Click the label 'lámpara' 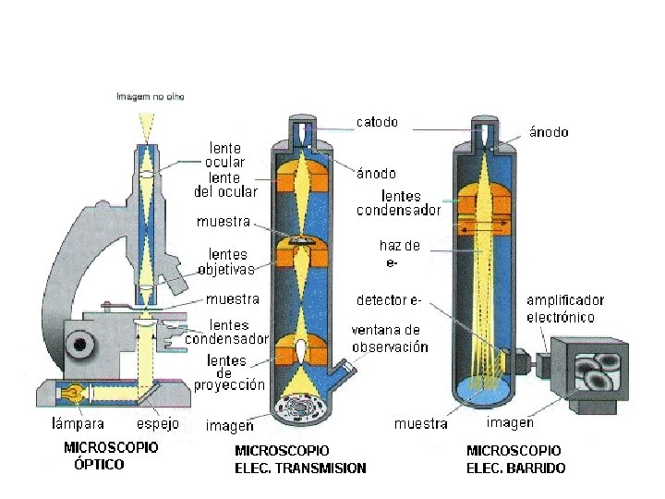coord(78,423)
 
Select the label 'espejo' coord(158,423)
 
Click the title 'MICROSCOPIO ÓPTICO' coord(111,456)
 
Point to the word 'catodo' coord(377,122)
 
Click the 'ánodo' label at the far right coord(549,132)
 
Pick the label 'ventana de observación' coord(390,338)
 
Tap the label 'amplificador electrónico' coord(565,309)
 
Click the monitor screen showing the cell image coord(598,371)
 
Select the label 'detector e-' coord(389,300)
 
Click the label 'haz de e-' coord(400,253)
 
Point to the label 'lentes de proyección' coord(229,373)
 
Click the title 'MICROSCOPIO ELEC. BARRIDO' coord(515,459)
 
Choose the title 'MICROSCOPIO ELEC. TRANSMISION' coord(300,459)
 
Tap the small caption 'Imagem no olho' coord(151,97)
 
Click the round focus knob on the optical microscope coord(80,344)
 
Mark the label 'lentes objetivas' coord(227,262)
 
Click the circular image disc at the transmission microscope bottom coord(301,409)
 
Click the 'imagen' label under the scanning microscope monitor coord(510,422)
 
